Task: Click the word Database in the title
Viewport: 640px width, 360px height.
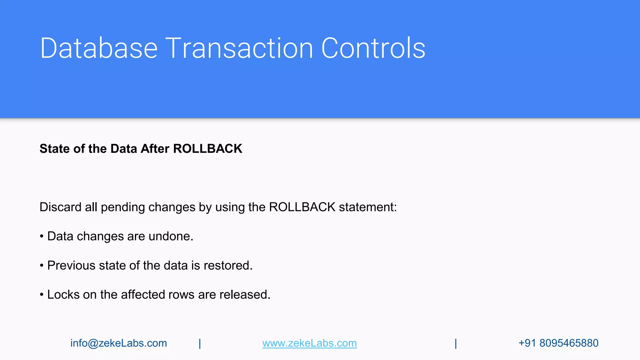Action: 99,48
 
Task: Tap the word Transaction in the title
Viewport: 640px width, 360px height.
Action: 239,48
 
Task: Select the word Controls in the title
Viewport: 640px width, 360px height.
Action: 373,48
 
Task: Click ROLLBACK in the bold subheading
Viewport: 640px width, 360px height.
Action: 207,149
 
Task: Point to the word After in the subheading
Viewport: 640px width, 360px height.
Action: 155,149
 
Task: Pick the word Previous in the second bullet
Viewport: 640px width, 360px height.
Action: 71,265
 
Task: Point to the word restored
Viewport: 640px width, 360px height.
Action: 228,265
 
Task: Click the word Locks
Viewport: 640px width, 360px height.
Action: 63,294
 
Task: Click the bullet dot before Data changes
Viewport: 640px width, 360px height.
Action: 42,237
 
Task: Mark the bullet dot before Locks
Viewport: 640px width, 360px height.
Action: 42,295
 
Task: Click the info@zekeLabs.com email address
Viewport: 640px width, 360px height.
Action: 119,343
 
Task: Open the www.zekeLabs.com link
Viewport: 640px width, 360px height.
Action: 309,343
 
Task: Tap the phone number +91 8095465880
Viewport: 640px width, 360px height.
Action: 558,343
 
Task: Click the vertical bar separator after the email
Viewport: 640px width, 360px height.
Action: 200,343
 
